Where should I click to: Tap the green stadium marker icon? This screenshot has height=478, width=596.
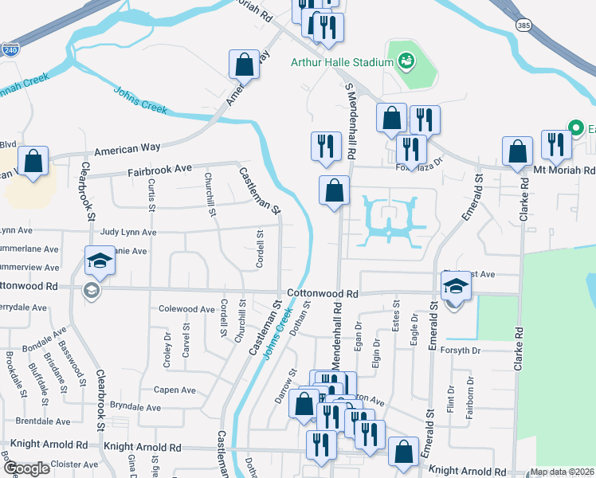tap(405, 61)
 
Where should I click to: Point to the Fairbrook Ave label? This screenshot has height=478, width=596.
tap(161, 170)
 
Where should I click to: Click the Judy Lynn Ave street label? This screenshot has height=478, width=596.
tap(128, 232)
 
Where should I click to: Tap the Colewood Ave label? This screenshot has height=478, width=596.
tap(187, 309)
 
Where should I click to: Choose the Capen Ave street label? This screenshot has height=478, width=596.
tap(174, 390)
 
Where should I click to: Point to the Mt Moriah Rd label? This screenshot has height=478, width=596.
tap(564, 170)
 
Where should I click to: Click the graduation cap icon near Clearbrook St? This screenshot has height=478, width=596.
tap(100, 260)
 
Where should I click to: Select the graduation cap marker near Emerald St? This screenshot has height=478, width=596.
tap(457, 286)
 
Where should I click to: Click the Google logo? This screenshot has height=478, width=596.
tap(27, 468)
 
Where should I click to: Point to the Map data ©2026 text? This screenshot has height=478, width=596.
tap(562, 472)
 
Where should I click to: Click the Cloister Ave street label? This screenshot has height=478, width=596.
tap(74, 464)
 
